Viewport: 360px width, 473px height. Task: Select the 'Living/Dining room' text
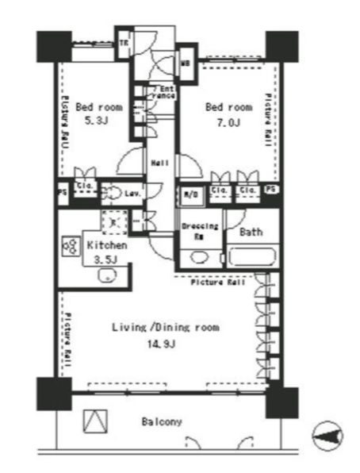pos(165,327)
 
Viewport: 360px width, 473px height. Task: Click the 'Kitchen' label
pos(106,246)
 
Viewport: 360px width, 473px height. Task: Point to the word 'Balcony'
pos(163,421)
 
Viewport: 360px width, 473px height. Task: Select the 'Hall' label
pos(158,163)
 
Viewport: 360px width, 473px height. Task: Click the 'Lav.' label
pos(132,192)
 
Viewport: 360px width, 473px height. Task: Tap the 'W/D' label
pos(191,192)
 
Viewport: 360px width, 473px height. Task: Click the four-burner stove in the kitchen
pos(69,246)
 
